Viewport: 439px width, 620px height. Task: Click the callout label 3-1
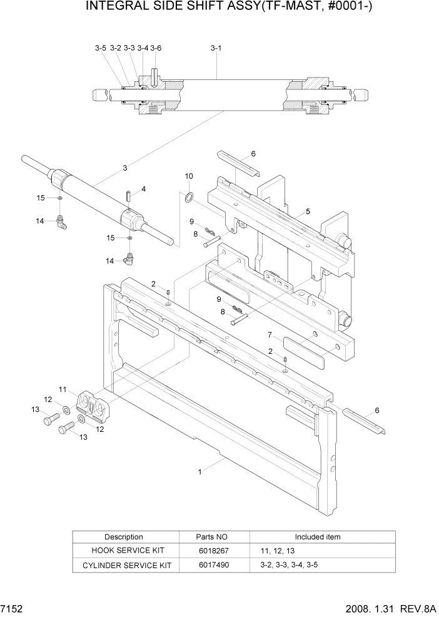216,48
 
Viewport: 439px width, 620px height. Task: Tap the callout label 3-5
101,48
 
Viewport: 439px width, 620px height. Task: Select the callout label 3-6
156,48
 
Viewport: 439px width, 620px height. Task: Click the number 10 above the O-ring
189,177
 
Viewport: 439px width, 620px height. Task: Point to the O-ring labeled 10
189,198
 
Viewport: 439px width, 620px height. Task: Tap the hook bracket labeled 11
93,406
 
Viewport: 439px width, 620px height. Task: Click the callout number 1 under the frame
200,472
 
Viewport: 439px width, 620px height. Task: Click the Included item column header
318,537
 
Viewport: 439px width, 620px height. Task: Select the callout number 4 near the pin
143,189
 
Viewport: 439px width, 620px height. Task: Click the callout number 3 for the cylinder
125,167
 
